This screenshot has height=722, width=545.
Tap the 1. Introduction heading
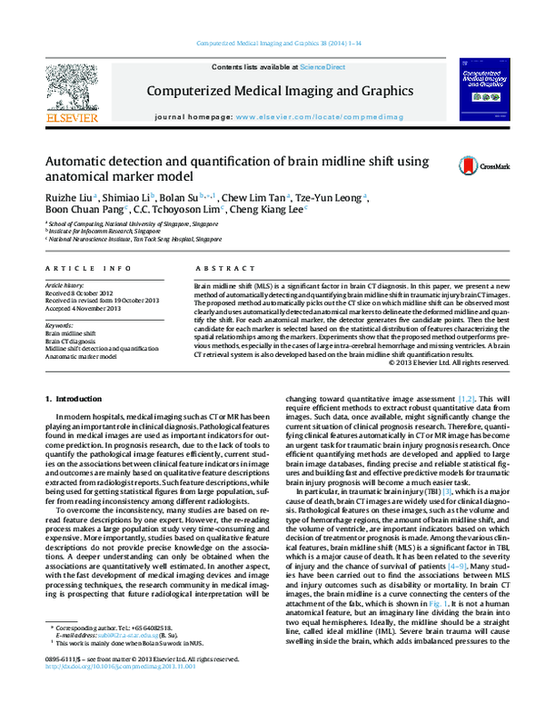(75, 399)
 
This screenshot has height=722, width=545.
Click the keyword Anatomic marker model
(83, 356)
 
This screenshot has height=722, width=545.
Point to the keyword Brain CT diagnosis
(73, 341)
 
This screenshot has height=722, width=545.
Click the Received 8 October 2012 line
(80, 292)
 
